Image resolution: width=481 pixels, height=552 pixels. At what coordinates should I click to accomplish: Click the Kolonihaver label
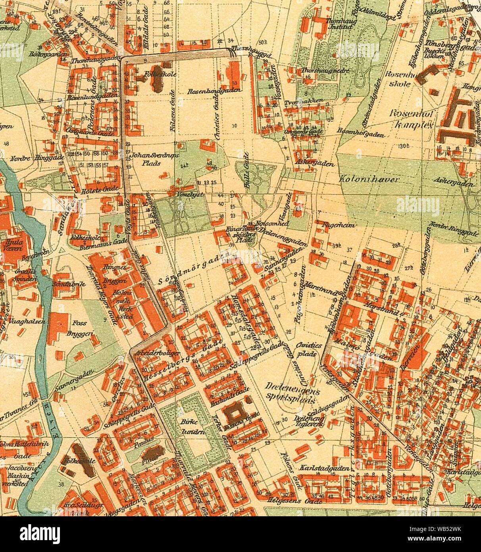coord(369,180)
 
